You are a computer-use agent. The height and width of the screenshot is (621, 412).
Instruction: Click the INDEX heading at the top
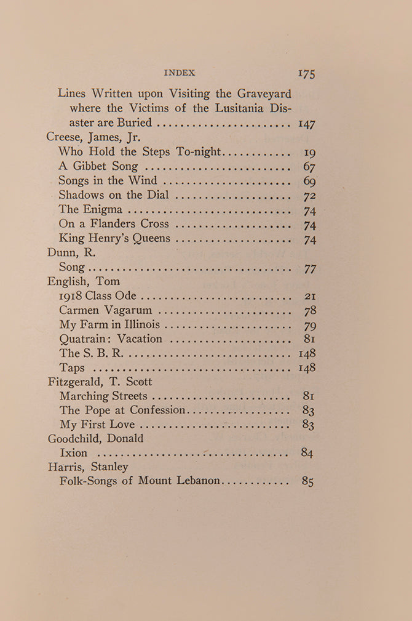click(x=180, y=73)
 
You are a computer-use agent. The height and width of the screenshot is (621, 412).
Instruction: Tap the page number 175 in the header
click(x=306, y=73)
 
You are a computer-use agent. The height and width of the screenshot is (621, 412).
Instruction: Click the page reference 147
click(x=306, y=124)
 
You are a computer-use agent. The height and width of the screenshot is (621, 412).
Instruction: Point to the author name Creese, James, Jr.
click(x=93, y=137)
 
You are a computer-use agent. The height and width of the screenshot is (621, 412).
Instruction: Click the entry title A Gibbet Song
click(x=98, y=166)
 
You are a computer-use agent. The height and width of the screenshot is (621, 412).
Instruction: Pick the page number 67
click(x=309, y=166)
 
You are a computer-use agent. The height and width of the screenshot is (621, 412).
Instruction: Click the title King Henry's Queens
click(x=115, y=238)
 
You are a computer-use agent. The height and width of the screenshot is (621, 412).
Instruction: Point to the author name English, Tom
click(x=84, y=282)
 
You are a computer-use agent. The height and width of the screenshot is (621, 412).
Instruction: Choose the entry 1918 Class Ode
click(x=98, y=297)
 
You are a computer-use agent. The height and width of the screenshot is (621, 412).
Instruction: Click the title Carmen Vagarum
click(x=106, y=311)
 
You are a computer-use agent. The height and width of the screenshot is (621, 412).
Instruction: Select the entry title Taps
click(x=72, y=368)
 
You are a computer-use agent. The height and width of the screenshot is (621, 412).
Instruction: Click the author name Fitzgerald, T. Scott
click(x=100, y=382)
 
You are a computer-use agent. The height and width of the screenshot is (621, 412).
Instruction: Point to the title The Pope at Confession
click(x=122, y=410)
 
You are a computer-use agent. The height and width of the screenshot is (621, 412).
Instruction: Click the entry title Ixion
click(x=73, y=454)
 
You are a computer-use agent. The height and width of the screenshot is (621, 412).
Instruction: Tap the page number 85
click(x=308, y=481)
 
